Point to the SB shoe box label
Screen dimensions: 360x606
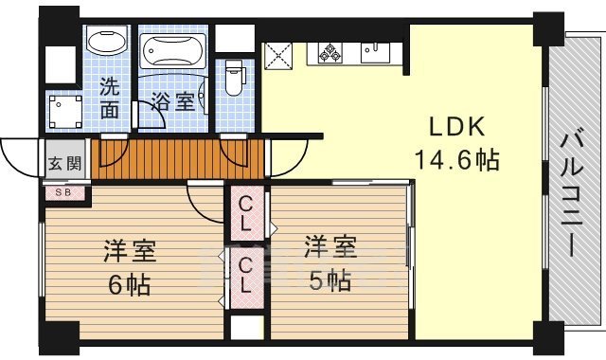pos(64,192)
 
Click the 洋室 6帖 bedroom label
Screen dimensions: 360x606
pos(130,266)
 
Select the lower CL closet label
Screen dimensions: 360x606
pos(245,273)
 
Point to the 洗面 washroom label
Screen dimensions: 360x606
pos(111,96)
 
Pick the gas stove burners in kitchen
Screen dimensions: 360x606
pos(332,53)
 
